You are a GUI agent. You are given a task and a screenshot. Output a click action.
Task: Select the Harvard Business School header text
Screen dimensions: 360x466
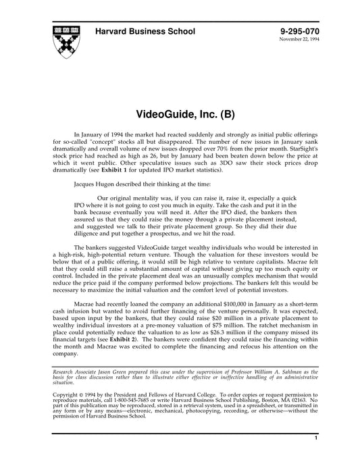(x=145, y=32)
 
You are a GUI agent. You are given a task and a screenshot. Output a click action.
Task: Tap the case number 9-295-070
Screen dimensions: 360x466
(x=299, y=32)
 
